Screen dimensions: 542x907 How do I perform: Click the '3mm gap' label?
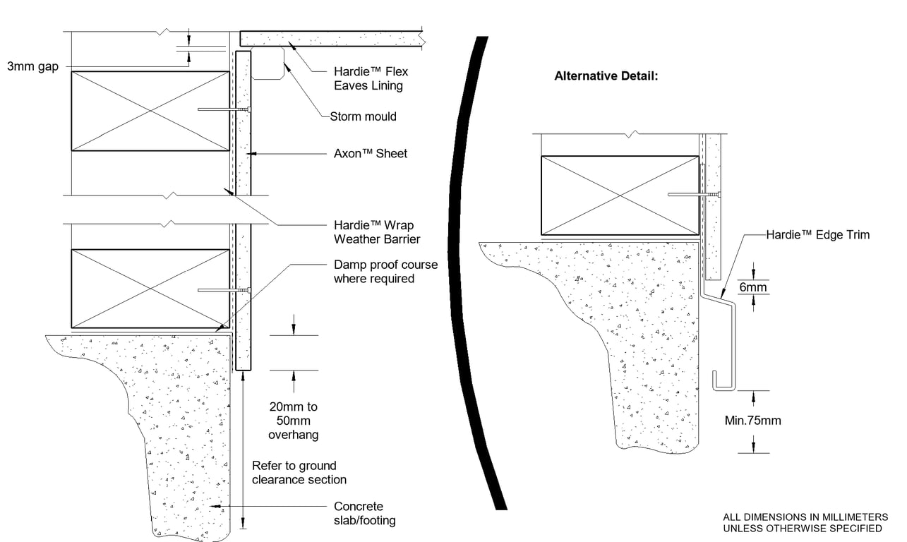pyautogui.click(x=32, y=66)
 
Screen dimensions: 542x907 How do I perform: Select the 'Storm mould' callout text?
pyautogui.click(x=363, y=116)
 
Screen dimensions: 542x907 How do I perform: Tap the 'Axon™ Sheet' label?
pyautogui.click(x=370, y=153)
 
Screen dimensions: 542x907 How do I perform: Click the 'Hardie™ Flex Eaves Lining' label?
pyautogui.click(x=371, y=78)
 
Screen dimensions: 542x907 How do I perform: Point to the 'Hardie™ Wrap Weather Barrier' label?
pyautogui.click(x=377, y=232)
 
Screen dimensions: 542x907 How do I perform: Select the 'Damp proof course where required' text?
pyautogui.click(x=385, y=272)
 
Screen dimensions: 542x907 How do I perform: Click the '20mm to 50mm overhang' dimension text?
pyautogui.click(x=293, y=421)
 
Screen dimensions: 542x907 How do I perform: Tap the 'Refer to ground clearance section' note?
pyautogui.click(x=299, y=473)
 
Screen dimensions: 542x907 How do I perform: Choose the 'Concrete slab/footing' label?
pyautogui.click(x=364, y=513)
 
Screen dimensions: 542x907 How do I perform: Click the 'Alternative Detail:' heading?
pyautogui.click(x=606, y=76)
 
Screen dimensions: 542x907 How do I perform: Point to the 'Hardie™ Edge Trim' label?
pyautogui.click(x=817, y=235)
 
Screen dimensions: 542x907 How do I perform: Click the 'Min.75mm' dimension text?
pyautogui.click(x=753, y=421)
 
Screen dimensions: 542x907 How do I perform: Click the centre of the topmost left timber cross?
pyautogui.click(x=150, y=110)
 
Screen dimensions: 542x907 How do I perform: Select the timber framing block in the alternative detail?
pyautogui.click(x=620, y=195)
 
